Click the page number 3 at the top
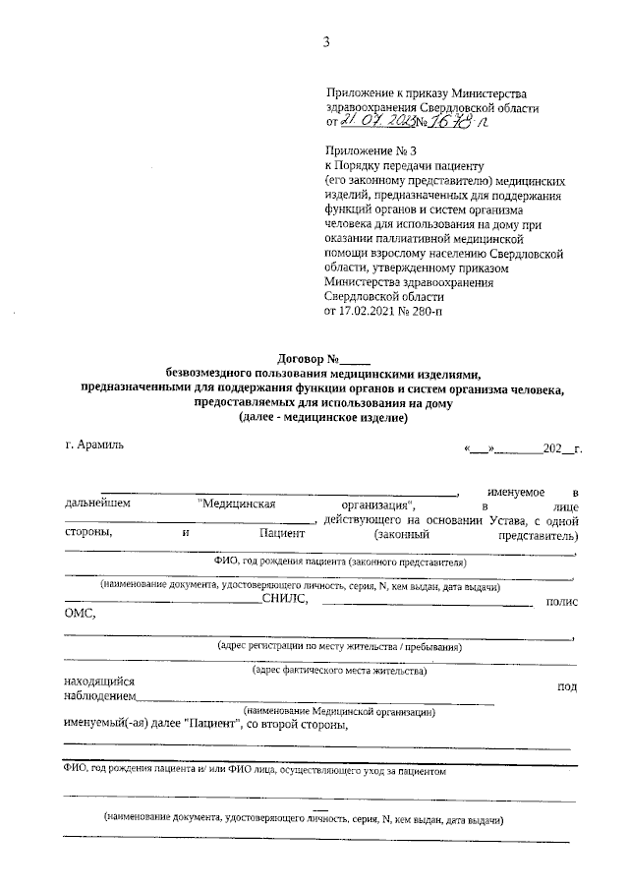pyautogui.click(x=325, y=40)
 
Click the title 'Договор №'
pyautogui.click(x=314, y=359)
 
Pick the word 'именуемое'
pyautogui.click(x=516, y=491)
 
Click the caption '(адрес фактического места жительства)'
pyautogui.click(x=338, y=671)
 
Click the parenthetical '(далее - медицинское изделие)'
pyautogui.click(x=322, y=417)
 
